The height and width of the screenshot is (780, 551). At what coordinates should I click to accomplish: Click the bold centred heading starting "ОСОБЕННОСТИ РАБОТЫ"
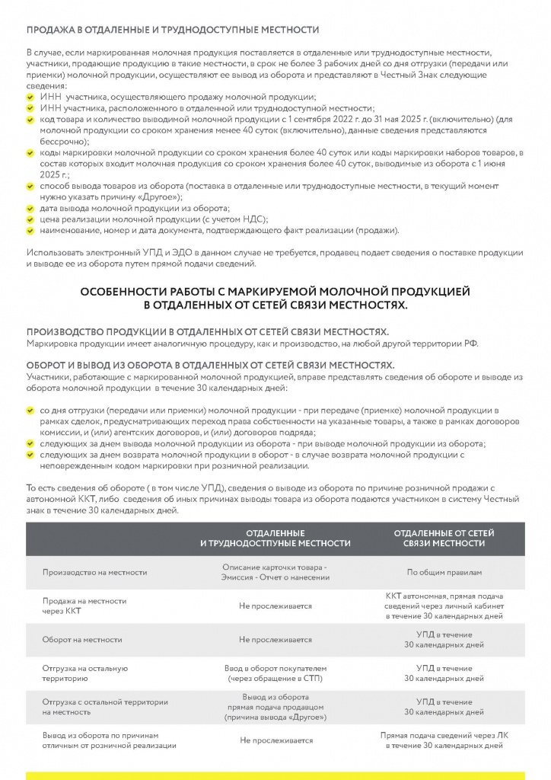coord(275,298)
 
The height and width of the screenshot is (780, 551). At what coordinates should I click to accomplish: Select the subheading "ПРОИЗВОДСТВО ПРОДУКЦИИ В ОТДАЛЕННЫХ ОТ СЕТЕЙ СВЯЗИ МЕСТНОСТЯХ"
coord(208,332)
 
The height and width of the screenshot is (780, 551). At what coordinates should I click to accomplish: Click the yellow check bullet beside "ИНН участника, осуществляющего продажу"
coord(30,98)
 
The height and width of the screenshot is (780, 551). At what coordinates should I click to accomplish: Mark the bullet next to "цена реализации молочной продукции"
coord(30,219)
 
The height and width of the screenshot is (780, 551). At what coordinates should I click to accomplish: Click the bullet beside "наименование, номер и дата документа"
coord(30,230)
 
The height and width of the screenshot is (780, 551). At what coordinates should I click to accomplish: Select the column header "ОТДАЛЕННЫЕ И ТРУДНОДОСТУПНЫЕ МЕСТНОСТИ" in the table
coord(275,538)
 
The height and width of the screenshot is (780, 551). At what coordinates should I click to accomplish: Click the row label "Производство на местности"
coord(95,572)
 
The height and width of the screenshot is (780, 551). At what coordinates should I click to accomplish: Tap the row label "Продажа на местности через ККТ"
coord(84,606)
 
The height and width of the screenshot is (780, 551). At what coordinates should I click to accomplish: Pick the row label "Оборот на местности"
coord(82,640)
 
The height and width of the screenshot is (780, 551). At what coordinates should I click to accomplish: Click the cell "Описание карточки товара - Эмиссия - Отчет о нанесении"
coord(275,572)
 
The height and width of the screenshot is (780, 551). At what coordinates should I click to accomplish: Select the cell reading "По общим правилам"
coord(444,572)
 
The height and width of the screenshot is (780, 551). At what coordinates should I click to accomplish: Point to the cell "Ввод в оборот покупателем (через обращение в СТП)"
coord(275,673)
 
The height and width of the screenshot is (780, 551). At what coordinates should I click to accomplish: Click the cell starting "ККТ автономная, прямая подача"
coord(444,606)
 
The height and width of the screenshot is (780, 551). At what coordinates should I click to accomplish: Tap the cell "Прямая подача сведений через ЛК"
coord(444,740)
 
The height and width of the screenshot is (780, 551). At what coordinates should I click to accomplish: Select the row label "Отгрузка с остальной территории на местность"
coord(105,707)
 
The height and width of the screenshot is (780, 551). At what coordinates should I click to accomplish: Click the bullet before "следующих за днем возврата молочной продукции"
coord(30,455)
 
